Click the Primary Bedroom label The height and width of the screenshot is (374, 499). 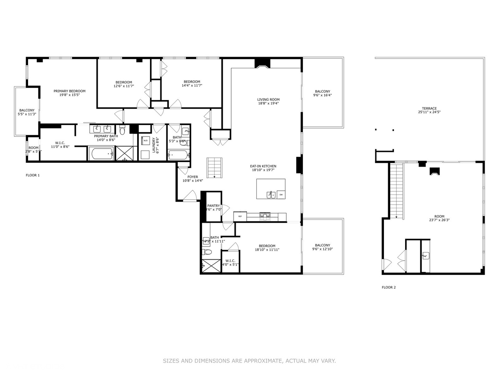[69, 91]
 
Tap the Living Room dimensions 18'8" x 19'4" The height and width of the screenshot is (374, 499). [268, 103]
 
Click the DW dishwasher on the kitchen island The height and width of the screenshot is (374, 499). [281, 195]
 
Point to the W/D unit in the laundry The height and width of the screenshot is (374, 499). [145, 141]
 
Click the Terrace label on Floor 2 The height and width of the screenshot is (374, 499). [429, 108]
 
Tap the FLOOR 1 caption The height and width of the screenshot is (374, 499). [33, 175]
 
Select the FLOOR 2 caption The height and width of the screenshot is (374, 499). [388, 287]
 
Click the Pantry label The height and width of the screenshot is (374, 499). [213, 206]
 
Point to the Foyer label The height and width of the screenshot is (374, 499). [193, 177]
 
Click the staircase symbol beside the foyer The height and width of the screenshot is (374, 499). [214, 168]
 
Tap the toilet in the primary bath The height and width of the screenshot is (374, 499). [122, 131]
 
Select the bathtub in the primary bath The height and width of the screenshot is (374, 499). [101, 154]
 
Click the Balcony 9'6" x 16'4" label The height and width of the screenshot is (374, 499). [322, 91]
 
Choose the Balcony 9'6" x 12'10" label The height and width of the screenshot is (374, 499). [322, 245]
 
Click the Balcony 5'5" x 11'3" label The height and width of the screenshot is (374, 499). [27, 110]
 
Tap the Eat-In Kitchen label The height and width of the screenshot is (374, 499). [263, 166]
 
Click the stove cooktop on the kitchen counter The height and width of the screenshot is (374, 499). [265, 216]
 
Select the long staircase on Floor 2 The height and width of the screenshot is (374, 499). [397, 190]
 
